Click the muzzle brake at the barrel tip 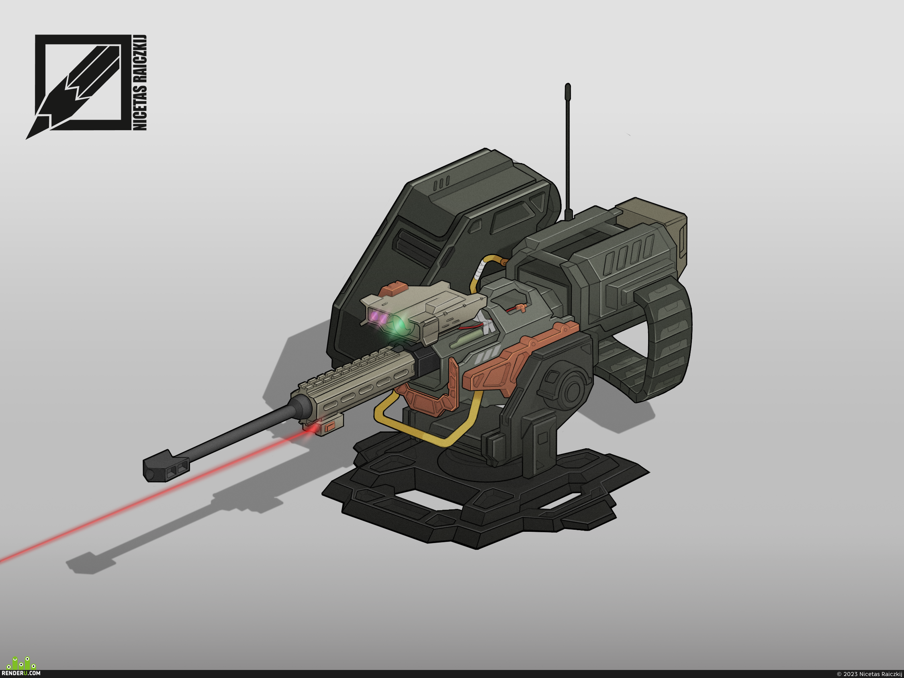[166, 466]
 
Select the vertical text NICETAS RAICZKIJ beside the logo [140, 83]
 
